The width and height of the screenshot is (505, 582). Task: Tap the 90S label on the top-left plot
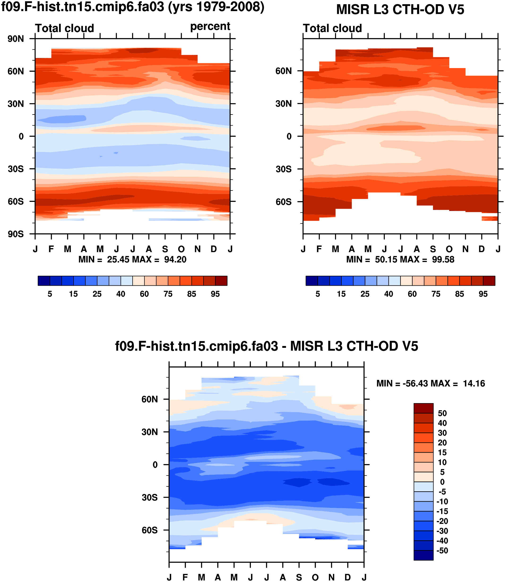point(16,234)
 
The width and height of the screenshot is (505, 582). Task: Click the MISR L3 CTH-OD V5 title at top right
point(400,10)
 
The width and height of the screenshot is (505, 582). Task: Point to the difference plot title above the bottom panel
point(266,346)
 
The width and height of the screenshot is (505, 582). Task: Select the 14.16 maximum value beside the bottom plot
point(474,384)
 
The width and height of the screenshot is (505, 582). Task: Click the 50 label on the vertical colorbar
point(442,414)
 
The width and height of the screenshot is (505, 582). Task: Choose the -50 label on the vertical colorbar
point(442,550)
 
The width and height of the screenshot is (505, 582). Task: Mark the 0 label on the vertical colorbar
point(442,482)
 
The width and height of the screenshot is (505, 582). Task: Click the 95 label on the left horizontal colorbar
point(215,294)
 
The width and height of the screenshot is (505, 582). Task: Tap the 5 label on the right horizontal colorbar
point(318,294)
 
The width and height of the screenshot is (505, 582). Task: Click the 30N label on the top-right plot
point(284,104)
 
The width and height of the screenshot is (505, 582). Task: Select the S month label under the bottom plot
point(299,578)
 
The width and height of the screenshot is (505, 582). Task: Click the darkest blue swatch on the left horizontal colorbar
point(44,281)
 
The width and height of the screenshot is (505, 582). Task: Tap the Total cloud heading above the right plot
point(332,28)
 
